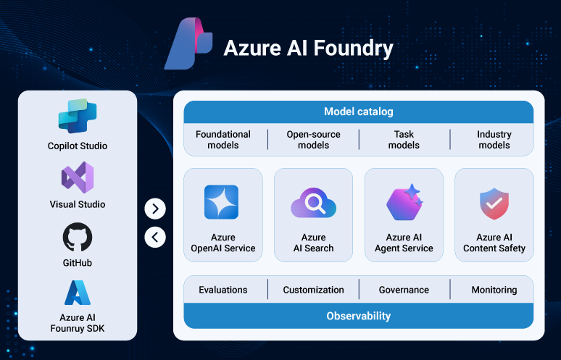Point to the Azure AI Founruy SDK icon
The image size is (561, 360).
[78, 293]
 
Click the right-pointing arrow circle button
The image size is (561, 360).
[155, 209]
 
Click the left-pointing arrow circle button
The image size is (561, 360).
[155, 237]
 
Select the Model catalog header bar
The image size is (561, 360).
[358, 112]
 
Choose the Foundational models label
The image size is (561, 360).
[223, 140]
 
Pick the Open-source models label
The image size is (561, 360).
[313, 140]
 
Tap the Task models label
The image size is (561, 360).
[404, 140]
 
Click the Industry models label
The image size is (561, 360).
[494, 140]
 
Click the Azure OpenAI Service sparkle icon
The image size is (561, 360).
[223, 201]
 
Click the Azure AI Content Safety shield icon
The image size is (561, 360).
[494, 204]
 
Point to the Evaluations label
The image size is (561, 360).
[223, 290]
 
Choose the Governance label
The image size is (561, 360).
[404, 290]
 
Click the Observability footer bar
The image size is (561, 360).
[358, 316]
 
